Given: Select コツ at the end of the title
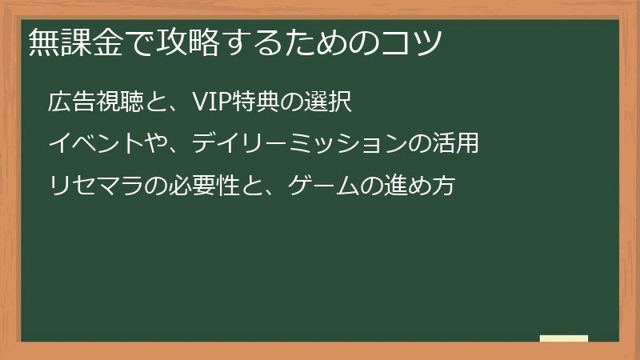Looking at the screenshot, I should pyautogui.click(x=415, y=41).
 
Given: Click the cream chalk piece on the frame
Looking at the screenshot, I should pyautogui.click(x=563, y=338).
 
